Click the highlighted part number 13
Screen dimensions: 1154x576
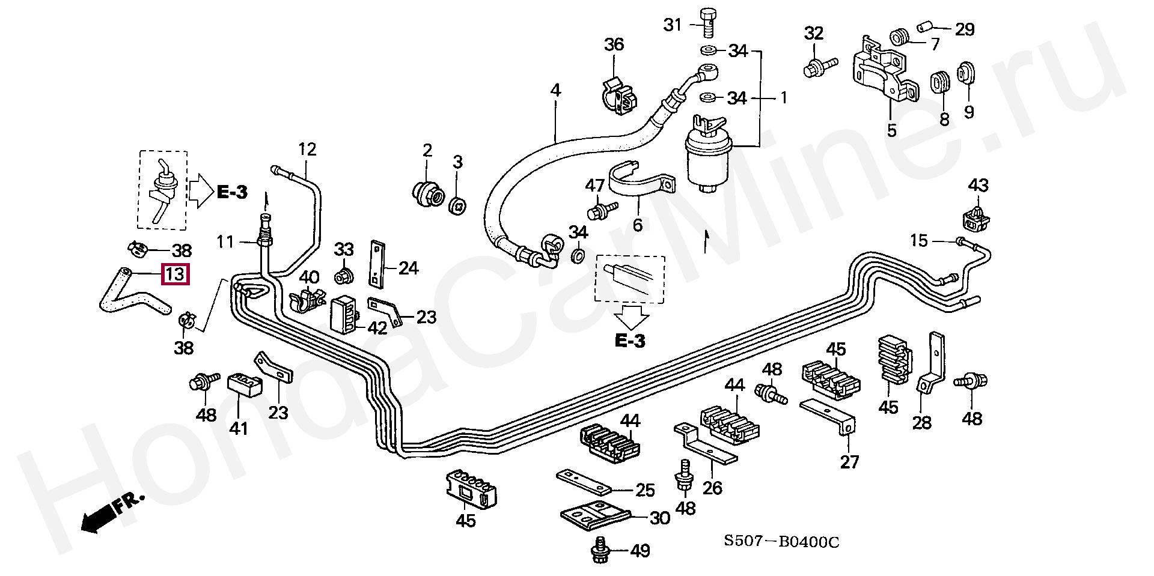pyautogui.click(x=174, y=274)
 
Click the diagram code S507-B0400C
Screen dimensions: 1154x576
pyautogui.click(x=781, y=542)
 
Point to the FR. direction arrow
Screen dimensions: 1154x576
pyautogui.click(x=112, y=512)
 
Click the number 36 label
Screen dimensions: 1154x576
pyautogui.click(x=614, y=44)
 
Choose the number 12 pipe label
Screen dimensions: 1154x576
pyautogui.click(x=307, y=149)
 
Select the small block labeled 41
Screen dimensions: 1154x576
pyautogui.click(x=244, y=384)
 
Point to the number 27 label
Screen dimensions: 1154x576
pyautogui.click(x=849, y=462)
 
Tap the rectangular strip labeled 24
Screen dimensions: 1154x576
pyautogui.click(x=377, y=263)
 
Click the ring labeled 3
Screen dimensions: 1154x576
pyautogui.click(x=459, y=204)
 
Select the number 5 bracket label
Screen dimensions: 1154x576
pyautogui.click(x=891, y=130)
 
